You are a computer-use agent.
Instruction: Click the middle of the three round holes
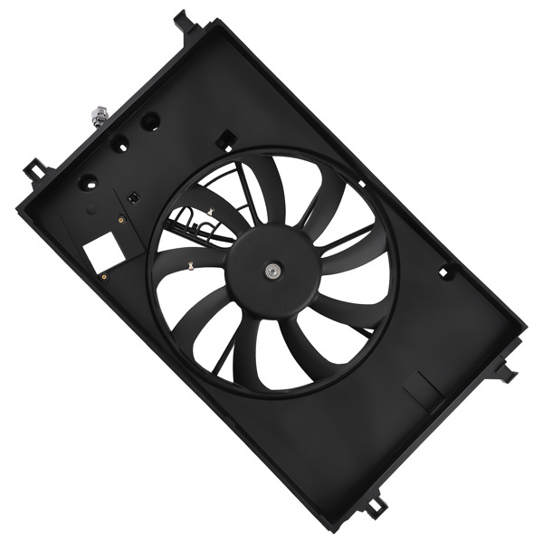pos(119,144)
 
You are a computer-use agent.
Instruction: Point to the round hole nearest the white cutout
pos(89,181)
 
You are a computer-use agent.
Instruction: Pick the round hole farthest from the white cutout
pos(150,120)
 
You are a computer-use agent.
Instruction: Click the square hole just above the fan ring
pos(224,139)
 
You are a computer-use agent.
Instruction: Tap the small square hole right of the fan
pos(444,271)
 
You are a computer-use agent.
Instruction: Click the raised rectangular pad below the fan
pos(421,390)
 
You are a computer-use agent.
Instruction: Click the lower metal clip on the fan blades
pos(192,267)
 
